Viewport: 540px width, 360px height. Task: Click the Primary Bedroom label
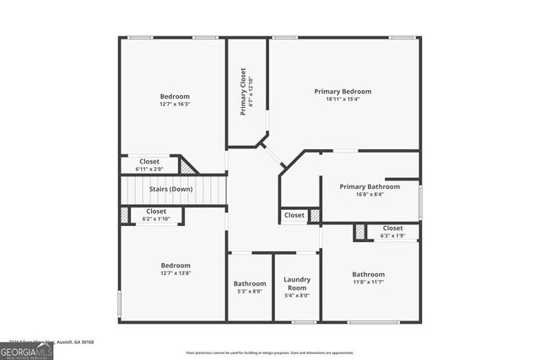pyautogui.click(x=343, y=91)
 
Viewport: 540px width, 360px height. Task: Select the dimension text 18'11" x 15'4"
pyautogui.click(x=343, y=99)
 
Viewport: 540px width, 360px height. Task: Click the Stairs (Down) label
pyautogui.click(x=170, y=189)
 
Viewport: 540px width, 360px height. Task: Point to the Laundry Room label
pyautogui.click(x=296, y=283)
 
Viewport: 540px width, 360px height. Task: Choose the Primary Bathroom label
pyautogui.click(x=370, y=186)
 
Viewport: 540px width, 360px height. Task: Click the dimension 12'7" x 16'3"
pyautogui.click(x=175, y=105)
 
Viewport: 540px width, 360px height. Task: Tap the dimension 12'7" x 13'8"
pyautogui.click(x=175, y=273)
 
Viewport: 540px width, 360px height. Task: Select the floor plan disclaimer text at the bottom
pyautogui.click(x=270, y=352)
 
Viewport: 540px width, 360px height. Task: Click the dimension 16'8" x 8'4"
pyautogui.click(x=370, y=195)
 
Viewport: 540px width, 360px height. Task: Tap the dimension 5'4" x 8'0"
pyautogui.click(x=296, y=296)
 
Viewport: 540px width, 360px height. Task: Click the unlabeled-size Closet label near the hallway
pyautogui.click(x=294, y=215)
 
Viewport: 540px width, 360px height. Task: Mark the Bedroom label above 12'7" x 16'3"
pyautogui.click(x=175, y=96)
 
